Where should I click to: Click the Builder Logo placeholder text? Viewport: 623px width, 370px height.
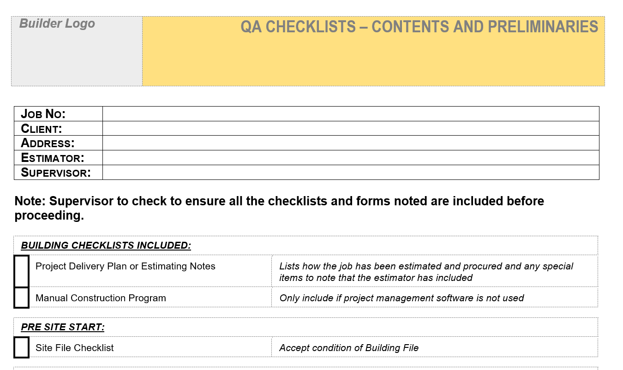pos(57,24)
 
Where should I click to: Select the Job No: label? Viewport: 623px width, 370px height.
pos(43,114)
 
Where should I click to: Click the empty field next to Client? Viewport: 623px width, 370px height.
pos(351,128)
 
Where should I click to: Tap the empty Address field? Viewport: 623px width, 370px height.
pos(351,143)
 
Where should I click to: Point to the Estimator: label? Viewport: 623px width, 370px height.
pos(53,158)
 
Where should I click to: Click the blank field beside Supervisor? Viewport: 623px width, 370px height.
pos(351,173)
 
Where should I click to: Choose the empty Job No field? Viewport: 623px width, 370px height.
pos(351,114)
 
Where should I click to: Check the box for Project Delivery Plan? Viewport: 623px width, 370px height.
pos(21,271)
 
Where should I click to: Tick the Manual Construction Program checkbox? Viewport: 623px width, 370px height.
pos(21,298)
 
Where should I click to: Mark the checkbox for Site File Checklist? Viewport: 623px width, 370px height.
pos(21,347)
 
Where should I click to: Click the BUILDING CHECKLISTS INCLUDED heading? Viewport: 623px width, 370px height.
pos(106,245)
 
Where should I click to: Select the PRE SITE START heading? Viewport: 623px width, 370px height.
pos(63,327)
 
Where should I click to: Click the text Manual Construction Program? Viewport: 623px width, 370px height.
pos(101,298)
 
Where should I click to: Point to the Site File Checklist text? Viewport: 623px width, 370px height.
pos(74,348)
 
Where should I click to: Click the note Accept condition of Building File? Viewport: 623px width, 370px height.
pos(349,348)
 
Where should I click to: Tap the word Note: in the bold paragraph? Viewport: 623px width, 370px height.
pos(30,201)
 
